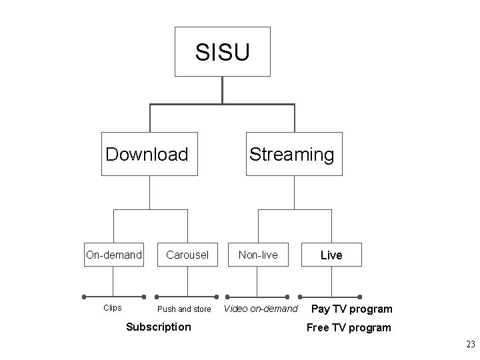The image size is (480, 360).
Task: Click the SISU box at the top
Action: [222, 51]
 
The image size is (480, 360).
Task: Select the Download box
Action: [149, 155]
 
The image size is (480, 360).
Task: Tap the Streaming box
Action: [294, 155]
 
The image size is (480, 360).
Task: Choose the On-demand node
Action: [114, 255]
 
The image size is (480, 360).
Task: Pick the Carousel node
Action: [187, 255]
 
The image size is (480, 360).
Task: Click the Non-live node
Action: [258, 255]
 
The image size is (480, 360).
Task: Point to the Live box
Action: [331, 255]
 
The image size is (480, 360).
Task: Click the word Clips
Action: [113, 308]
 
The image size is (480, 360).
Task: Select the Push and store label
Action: [184, 309]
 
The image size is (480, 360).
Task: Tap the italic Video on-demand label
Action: [261, 309]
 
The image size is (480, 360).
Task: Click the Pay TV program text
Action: [352, 309]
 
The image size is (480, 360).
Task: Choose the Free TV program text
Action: [349, 327]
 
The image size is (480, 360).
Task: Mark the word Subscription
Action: [159, 327]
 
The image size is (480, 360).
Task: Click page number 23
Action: [470, 345]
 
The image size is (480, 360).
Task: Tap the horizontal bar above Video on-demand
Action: [258, 297]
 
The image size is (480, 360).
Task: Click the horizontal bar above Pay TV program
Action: [330, 297]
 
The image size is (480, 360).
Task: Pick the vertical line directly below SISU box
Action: [222, 90]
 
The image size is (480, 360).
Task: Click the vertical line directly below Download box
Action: [149, 193]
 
